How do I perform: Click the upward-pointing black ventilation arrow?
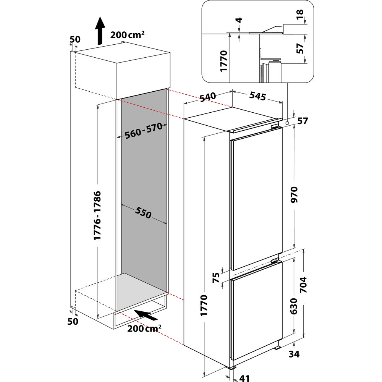(x=100, y=31)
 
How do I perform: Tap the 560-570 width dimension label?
(x=144, y=130)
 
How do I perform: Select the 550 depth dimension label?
(x=143, y=212)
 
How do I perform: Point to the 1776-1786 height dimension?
(x=97, y=215)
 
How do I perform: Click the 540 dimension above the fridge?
(x=207, y=97)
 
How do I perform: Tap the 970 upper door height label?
(x=294, y=194)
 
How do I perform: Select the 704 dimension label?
(x=303, y=285)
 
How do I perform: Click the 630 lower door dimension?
(x=294, y=306)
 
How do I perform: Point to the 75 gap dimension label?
(x=216, y=277)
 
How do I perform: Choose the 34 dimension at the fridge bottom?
(x=294, y=354)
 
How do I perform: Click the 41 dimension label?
(x=244, y=378)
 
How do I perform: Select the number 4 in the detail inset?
(x=240, y=20)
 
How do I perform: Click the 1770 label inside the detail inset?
(x=223, y=61)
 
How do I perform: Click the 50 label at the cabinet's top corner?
(x=75, y=39)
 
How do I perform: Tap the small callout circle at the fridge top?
(x=288, y=123)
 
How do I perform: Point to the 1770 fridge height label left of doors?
(x=204, y=306)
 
